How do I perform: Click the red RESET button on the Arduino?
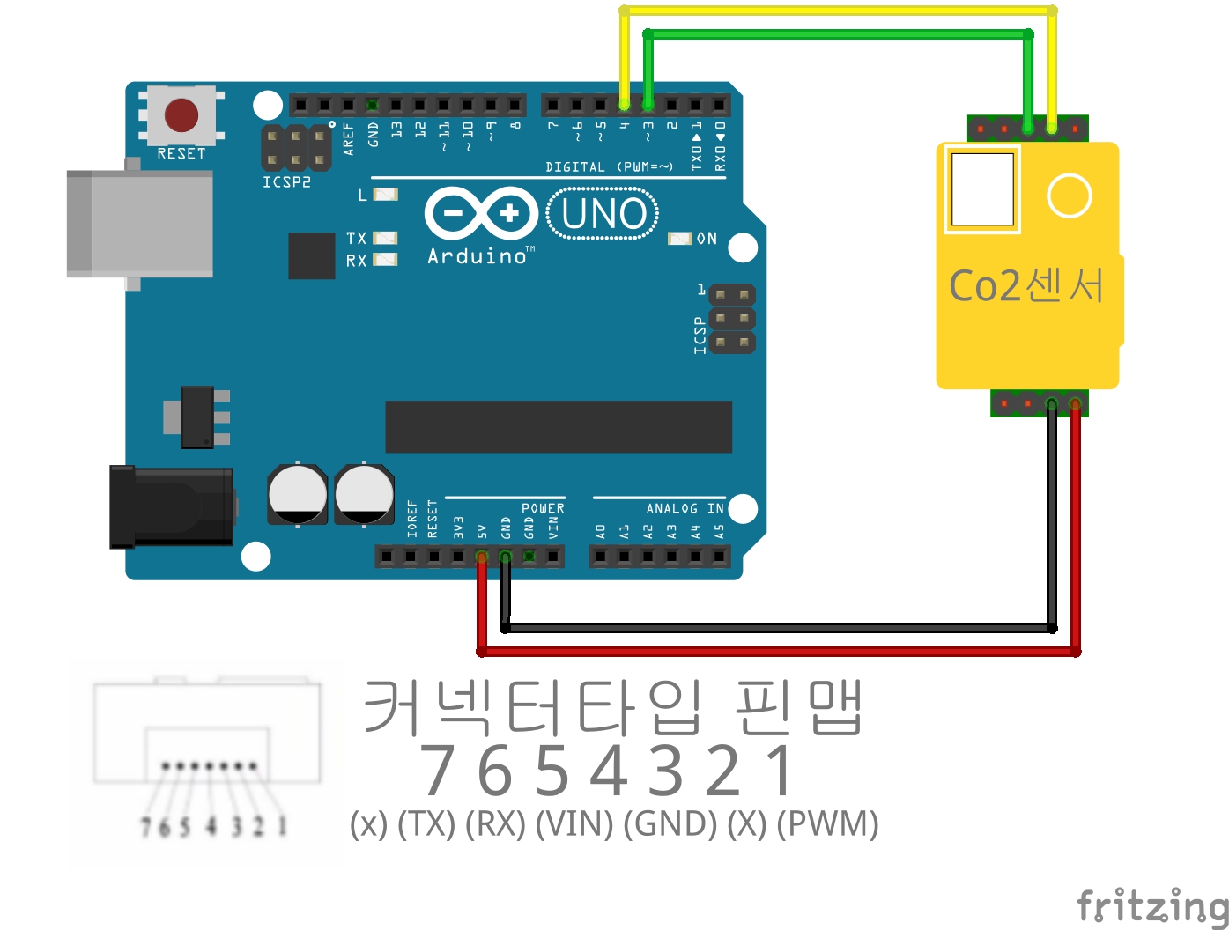pyautogui.click(x=181, y=114)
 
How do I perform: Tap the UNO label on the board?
pyautogui.click(x=604, y=214)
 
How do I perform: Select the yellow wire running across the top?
pyautogui.click(x=837, y=11)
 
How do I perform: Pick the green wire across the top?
pyautogui.click(x=837, y=34)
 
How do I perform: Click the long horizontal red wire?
pyautogui.click(x=775, y=652)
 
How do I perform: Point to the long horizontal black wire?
pyautogui.click(x=775, y=628)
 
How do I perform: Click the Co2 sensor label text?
pyautogui.click(x=1026, y=285)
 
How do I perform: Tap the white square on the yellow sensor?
pyautogui.click(x=982, y=189)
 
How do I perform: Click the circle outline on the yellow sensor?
pyautogui.click(x=1070, y=196)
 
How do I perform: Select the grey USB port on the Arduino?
pyautogui.click(x=141, y=224)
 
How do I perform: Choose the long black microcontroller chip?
pyautogui.click(x=559, y=427)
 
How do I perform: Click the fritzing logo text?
pyautogui.click(x=1152, y=906)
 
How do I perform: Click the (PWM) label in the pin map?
pyautogui.click(x=828, y=824)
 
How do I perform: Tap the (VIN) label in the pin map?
pyautogui.click(x=574, y=824)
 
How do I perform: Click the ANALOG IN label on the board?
pyautogui.click(x=685, y=508)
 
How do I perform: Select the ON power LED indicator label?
pyautogui.click(x=707, y=239)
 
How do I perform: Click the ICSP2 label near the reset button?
pyautogui.click(x=286, y=182)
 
